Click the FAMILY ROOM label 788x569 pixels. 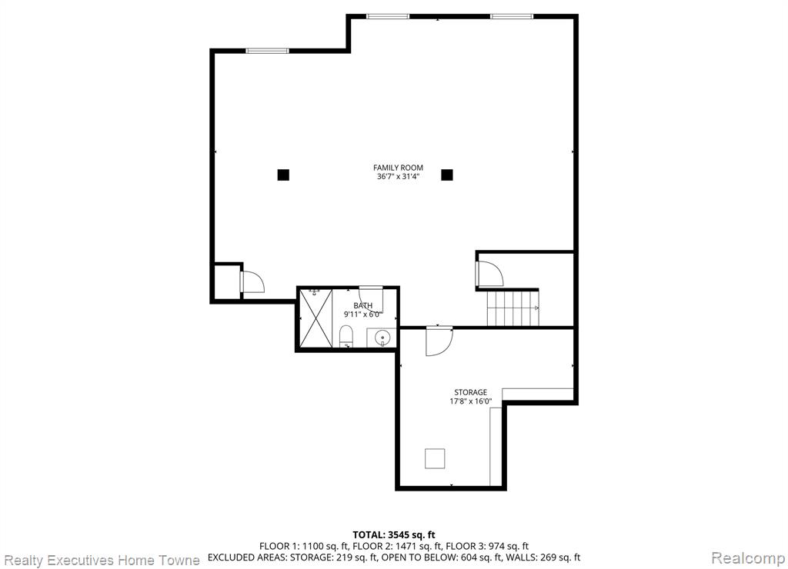coord(398,168)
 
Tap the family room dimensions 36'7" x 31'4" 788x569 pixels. coord(398,177)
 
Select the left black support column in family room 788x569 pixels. coord(283,175)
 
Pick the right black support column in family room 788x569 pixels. coord(447,175)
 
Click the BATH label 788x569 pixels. coord(363,305)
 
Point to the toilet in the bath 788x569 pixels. coord(346,336)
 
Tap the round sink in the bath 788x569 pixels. coord(383,337)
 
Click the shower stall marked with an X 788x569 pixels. coord(316,318)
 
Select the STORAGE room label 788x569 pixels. coord(471,392)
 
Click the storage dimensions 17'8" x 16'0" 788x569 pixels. coord(471,401)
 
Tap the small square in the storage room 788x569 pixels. coord(435,458)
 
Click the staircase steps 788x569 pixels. coord(513,308)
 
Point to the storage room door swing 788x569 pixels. coord(439,341)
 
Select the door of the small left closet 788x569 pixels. coord(252,281)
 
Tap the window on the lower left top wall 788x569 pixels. coord(267,51)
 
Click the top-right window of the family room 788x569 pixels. coord(512,17)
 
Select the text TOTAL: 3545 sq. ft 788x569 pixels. coord(394,535)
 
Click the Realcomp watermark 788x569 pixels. coord(748,558)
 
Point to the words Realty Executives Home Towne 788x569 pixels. coord(102,560)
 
